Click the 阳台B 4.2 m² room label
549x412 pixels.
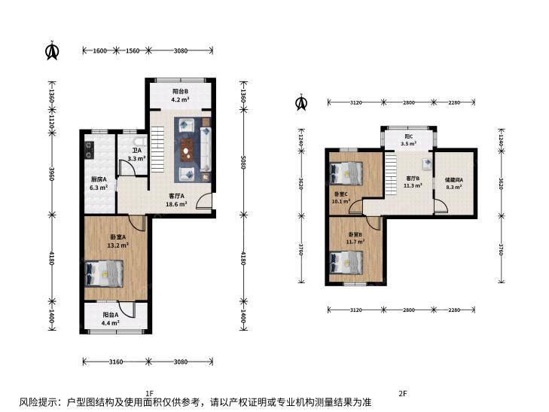pyautogui.click(x=180, y=95)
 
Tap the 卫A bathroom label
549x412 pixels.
pyautogui.click(x=136, y=151)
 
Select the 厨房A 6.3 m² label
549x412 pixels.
pyautogui.click(x=99, y=184)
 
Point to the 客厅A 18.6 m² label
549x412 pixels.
pyautogui.click(x=176, y=200)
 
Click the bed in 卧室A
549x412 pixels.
pyautogui.click(x=104, y=273)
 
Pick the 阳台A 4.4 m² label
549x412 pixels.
pyautogui.click(x=110, y=319)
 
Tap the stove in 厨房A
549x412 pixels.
pyautogui.click(x=90, y=150)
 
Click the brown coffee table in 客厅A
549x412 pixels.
pyautogui.click(x=187, y=151)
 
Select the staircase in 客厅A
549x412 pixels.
pyautogui.click(x=157, y=150)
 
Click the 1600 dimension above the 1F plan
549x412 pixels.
pyautogui.click(x=99, y=50)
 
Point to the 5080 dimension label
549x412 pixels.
pyautogui.click(x=244, y=163)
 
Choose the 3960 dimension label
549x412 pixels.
pyautogui.click(x=52, y=174)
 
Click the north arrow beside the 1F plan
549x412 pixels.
pyautogui.click(x=52, y=50)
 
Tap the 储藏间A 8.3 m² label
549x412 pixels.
pyautogui.click(x=454, y=184)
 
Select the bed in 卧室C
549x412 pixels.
pyautogui.click(x=346, y=173)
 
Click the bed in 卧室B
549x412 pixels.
pyautogui.click(x=346, y=263)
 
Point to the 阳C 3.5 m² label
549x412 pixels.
pyautogui.click(x=408, y=140)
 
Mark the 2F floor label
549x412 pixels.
pyautogui.click(x=403, y=393)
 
